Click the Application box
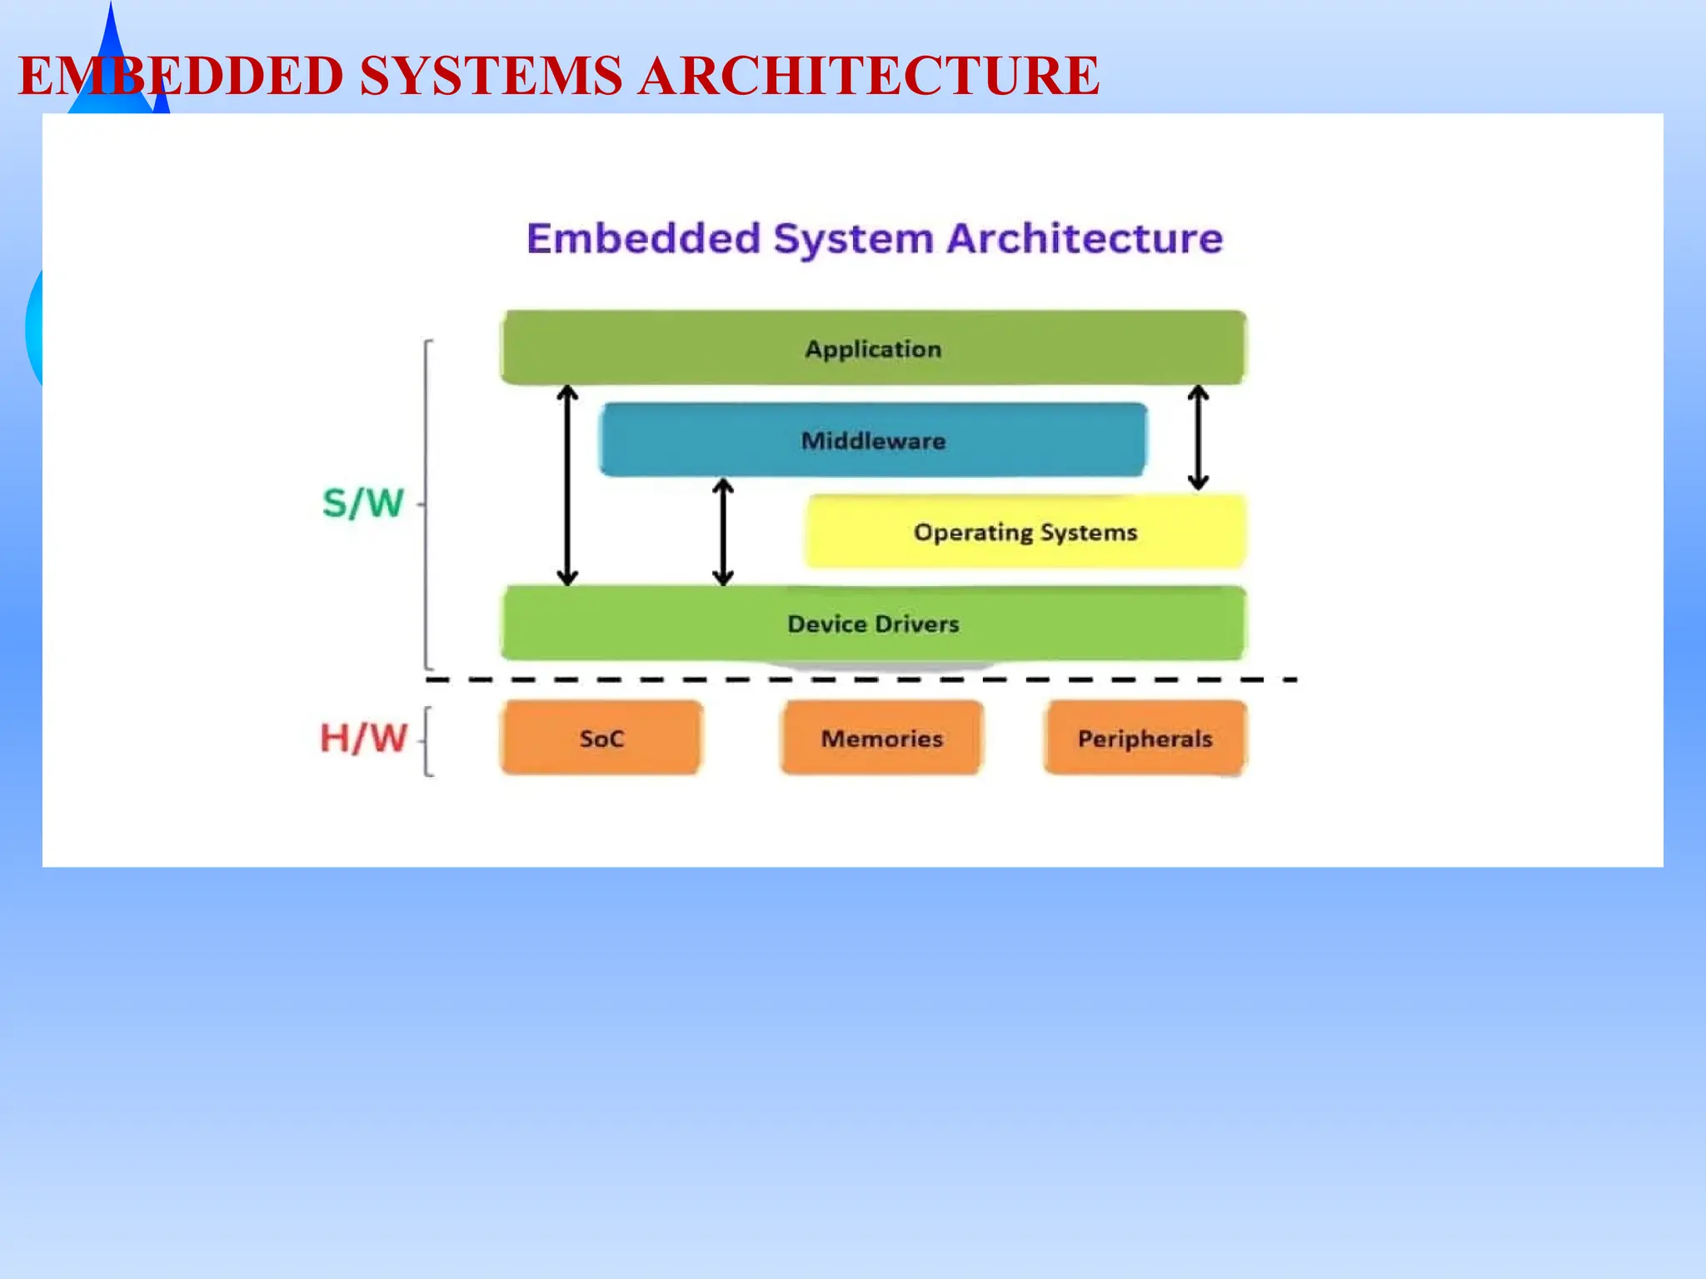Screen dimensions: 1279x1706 pyautogui.click(x=873, y=348)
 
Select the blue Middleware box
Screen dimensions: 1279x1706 pyautogui.click(x=873, y=440)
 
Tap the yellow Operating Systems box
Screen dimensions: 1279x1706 pyautogui.click(x=1025, y=531)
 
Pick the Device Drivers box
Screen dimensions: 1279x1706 pyautogui.click(x=873, y=623)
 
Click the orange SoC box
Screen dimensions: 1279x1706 pyautogui.click(x=601, y=738)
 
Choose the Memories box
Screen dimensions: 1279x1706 pyautogui.click(x=881, y=738)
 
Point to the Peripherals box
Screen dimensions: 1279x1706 pyautogui.click(x=1145, y=738)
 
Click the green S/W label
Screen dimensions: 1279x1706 pyautogui.click(x=363, y=503)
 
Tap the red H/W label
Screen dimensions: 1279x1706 pyautogui.click(x=364, y=738)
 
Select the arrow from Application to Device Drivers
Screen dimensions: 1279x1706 pyautogui.click(x=567, y=485)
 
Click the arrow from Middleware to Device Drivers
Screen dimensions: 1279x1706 pyautogui.click(x=723, y=531)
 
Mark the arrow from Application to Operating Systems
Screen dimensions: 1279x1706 pyautogui.click(x=1198, y=436)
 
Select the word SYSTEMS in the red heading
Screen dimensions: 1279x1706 pyautogui.click(x=491, y=75)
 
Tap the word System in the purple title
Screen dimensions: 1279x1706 pyautogui.click(x=853, y=239)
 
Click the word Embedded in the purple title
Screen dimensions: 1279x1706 pyautogui.click(x=644, y=238)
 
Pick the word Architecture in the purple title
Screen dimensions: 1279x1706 pyautogui.click(x=1085, y=238)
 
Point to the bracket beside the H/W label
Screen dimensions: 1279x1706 pyautogui.click(x=427, y=741)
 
